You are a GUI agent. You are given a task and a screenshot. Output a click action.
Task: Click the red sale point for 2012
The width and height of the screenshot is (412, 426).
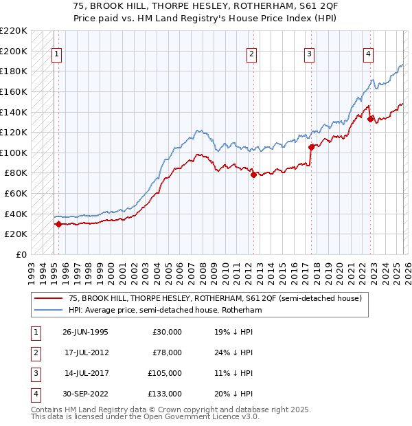pyautogui.click(x=253, y=175)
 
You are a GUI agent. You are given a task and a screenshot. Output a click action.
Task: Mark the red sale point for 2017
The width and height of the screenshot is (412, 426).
pyautogui.click(x=311, y=147)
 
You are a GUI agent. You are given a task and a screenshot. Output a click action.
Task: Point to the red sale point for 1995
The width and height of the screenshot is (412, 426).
pyautogui.click(x=58, y=223)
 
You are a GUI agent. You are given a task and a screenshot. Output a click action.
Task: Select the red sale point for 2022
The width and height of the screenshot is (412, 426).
pyautogui.click(x=370, y=119)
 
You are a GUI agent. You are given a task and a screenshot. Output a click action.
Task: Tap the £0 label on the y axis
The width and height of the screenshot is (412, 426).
pyautogui.click(x=21, y=254)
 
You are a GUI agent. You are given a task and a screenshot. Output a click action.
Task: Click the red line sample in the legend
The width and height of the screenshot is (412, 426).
pyautogui.click(x=48, y=298)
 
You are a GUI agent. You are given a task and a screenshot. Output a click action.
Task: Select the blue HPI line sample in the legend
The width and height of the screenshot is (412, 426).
pyautogui.click(x=48, y=310)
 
